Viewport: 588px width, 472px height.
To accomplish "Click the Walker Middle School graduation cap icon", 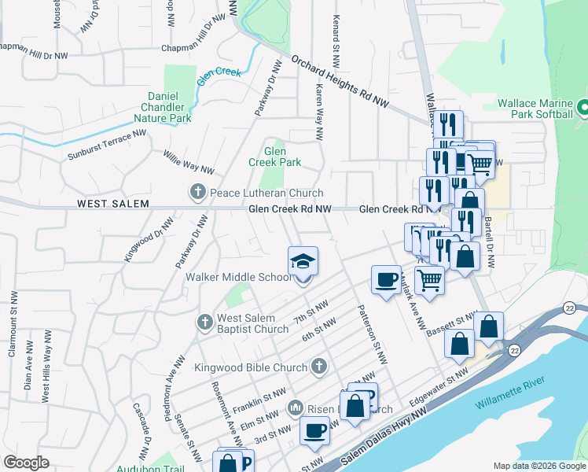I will point(303,262).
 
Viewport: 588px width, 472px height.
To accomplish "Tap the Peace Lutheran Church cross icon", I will point(197,192).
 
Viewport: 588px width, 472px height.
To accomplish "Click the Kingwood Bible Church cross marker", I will point(318,367).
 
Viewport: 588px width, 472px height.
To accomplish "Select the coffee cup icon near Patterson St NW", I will point(385,281).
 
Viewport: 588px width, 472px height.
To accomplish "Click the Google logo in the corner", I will point(26,463).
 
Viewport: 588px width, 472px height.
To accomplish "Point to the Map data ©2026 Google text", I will point(539,465).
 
